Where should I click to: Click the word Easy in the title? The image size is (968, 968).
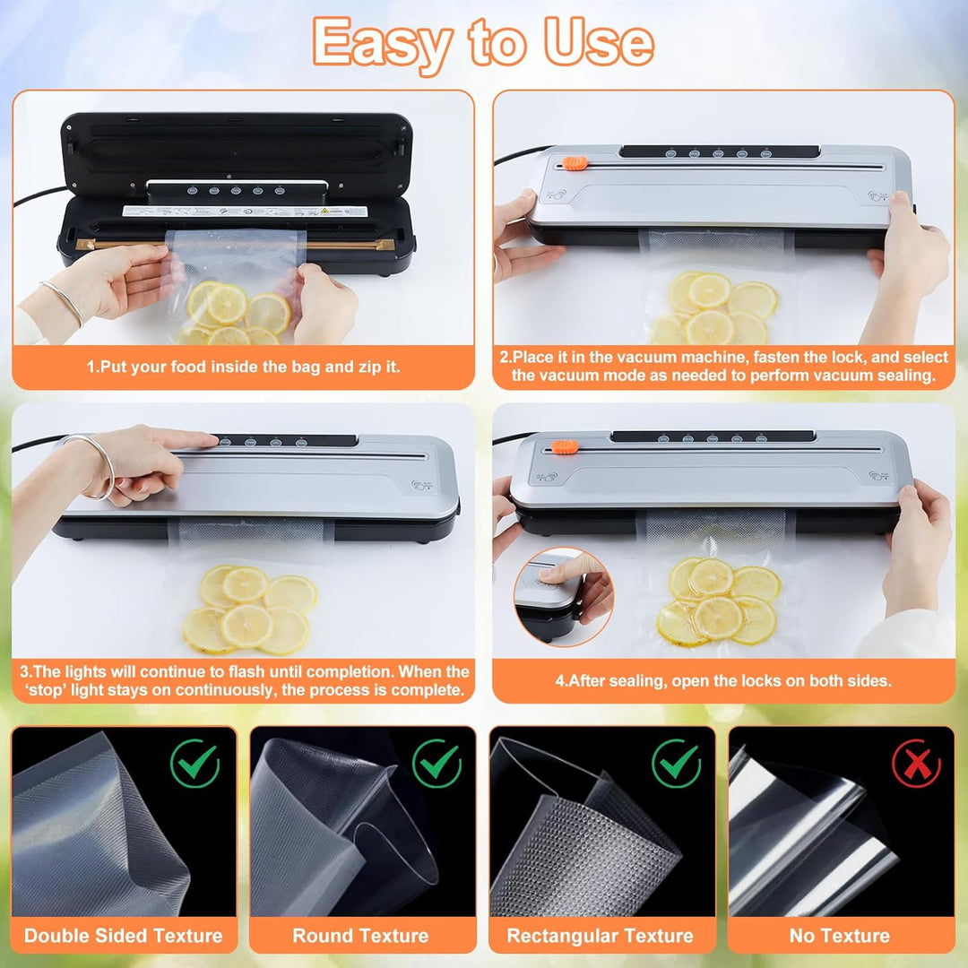(x=383, y=43)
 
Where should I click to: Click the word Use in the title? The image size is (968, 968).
(x=598, y=41)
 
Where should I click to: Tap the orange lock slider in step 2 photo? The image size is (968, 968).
(x=575, y=164)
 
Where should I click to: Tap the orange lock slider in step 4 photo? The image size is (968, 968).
(x=565, y=447)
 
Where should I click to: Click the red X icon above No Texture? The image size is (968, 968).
(x=917, y=764)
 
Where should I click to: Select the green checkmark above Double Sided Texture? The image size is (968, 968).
(x=195, y=764)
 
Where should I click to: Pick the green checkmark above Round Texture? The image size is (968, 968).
(x=436, y=764)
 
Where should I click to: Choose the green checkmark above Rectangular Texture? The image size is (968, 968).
(x=677, y=764)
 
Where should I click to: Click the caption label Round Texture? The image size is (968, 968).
(x=360, y=935)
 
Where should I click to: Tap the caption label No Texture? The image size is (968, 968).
(x=840, y=935)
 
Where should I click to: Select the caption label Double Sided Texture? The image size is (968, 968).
(x=124, y=935)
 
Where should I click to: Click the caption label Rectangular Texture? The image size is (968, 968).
(x=600, y=935)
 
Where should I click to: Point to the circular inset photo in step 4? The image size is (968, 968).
(x=563, y=596)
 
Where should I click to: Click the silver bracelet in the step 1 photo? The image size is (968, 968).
(x=63, y=302)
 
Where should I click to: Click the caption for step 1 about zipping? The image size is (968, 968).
(x=243, y=367)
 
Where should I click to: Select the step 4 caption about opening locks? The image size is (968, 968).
(x=723, y=680)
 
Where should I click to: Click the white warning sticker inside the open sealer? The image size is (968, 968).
(x=245, y=212)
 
